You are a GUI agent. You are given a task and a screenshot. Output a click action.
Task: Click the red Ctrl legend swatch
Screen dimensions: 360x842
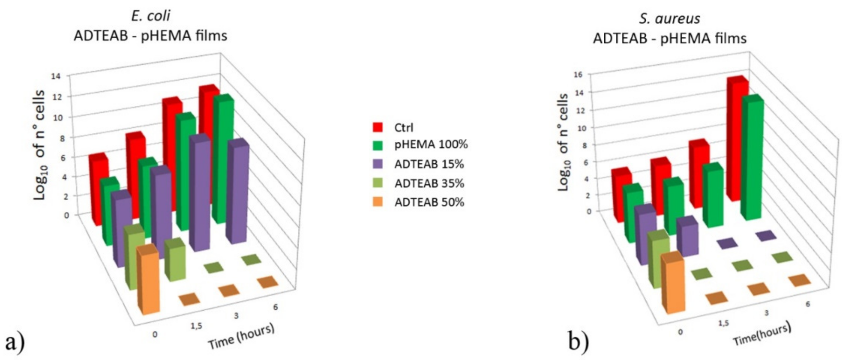pos(378,127)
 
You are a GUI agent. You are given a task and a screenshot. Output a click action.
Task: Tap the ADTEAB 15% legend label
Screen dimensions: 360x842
pos(429,164)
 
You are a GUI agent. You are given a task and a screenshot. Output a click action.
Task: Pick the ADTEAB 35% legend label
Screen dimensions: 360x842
pos(429,184)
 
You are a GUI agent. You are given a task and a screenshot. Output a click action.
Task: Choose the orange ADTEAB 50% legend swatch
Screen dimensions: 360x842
pos(378,202)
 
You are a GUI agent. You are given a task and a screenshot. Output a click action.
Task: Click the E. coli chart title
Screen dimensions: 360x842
pos(150,16)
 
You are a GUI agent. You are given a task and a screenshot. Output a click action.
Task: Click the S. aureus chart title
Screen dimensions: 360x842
pos(669,18)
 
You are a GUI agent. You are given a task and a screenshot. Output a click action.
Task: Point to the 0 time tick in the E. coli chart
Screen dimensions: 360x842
pos(155,335)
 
